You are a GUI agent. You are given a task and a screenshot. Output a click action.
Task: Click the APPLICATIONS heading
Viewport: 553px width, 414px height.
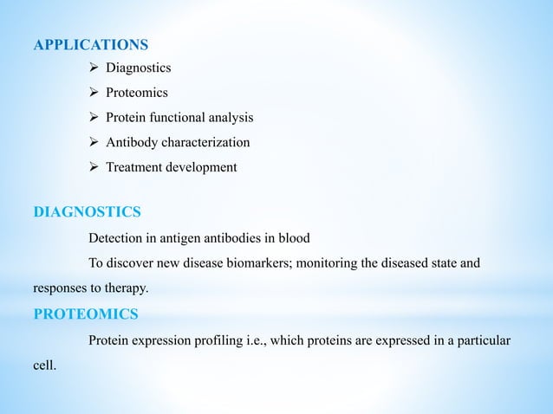pyautogui.click(x=90, y=44)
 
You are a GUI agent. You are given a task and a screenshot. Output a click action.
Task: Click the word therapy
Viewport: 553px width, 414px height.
pyautogui.click(x=128, y=285)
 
